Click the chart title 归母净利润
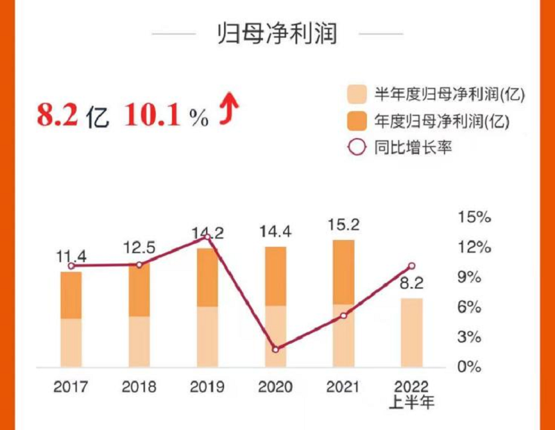[277, 34]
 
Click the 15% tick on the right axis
[475, 217]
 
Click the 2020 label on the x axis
[275, 386]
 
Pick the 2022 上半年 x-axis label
[411, 393]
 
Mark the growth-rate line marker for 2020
[275, 350]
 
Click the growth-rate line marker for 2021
[343, 316]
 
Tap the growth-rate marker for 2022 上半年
[411, 266]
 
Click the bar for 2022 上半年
[411, 333]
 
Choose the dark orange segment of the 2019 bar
[207, 277]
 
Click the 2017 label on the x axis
[71, 386]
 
